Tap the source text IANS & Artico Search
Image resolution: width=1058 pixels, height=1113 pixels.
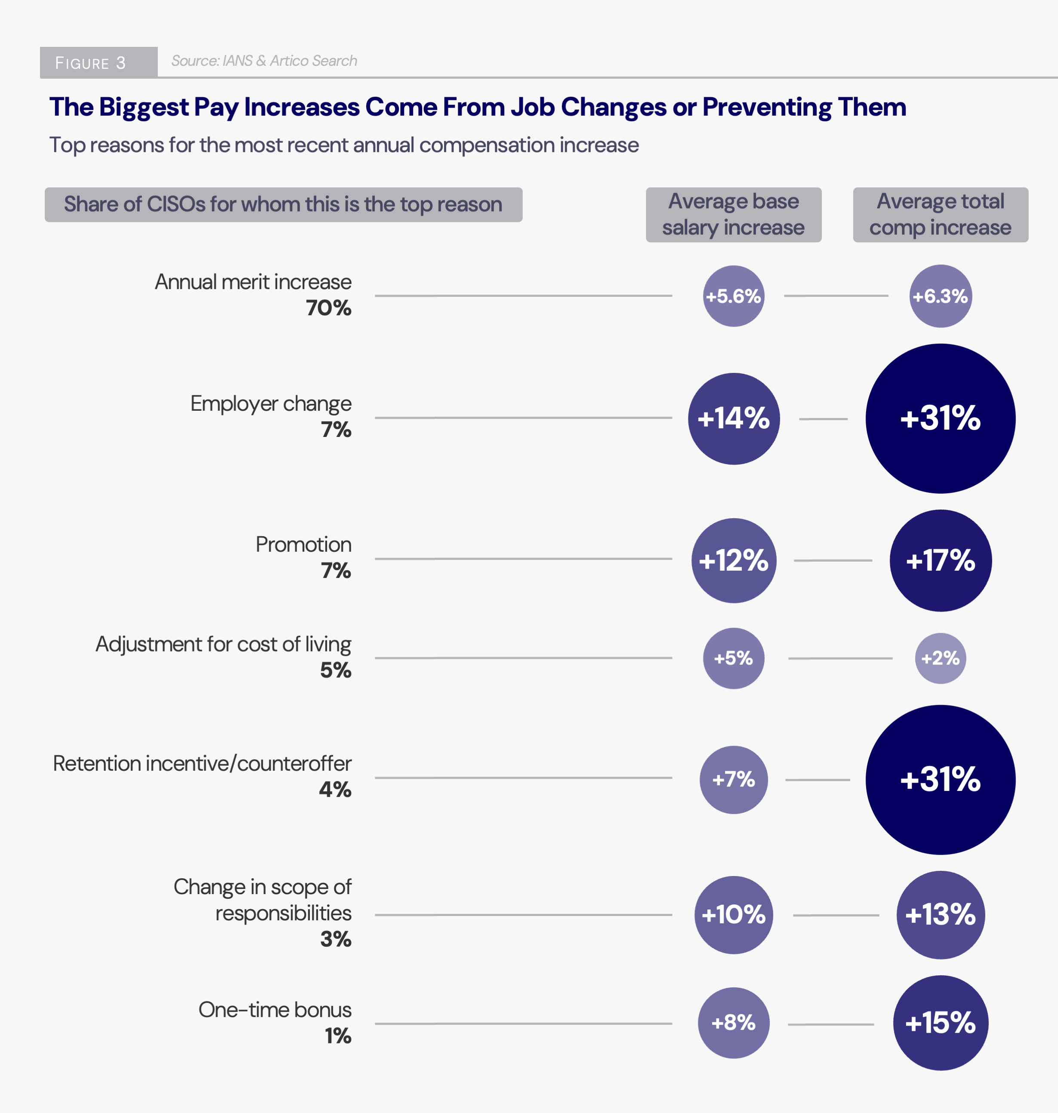264,61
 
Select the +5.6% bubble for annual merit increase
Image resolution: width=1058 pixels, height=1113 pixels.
733,296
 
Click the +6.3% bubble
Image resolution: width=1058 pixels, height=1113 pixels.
940,296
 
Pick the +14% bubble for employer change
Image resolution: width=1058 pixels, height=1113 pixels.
733,418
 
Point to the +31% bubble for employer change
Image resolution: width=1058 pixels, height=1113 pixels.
940,418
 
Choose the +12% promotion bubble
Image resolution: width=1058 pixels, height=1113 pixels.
733,560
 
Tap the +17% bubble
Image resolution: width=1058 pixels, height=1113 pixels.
940,560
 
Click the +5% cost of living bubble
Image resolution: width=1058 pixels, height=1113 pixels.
733,658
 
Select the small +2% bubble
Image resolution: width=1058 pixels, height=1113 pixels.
940,658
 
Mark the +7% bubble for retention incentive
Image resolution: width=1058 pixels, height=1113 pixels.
733,779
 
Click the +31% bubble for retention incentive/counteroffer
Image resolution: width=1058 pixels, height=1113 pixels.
940,779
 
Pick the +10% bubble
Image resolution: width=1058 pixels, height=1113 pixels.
733,915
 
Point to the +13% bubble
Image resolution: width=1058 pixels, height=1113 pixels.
940,915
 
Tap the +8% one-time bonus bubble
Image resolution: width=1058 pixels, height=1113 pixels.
733,1023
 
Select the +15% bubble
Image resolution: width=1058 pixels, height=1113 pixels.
940,1023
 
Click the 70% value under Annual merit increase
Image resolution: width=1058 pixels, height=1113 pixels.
328,308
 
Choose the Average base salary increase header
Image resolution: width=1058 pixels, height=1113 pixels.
733,215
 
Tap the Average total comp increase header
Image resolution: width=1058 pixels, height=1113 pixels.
940,215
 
